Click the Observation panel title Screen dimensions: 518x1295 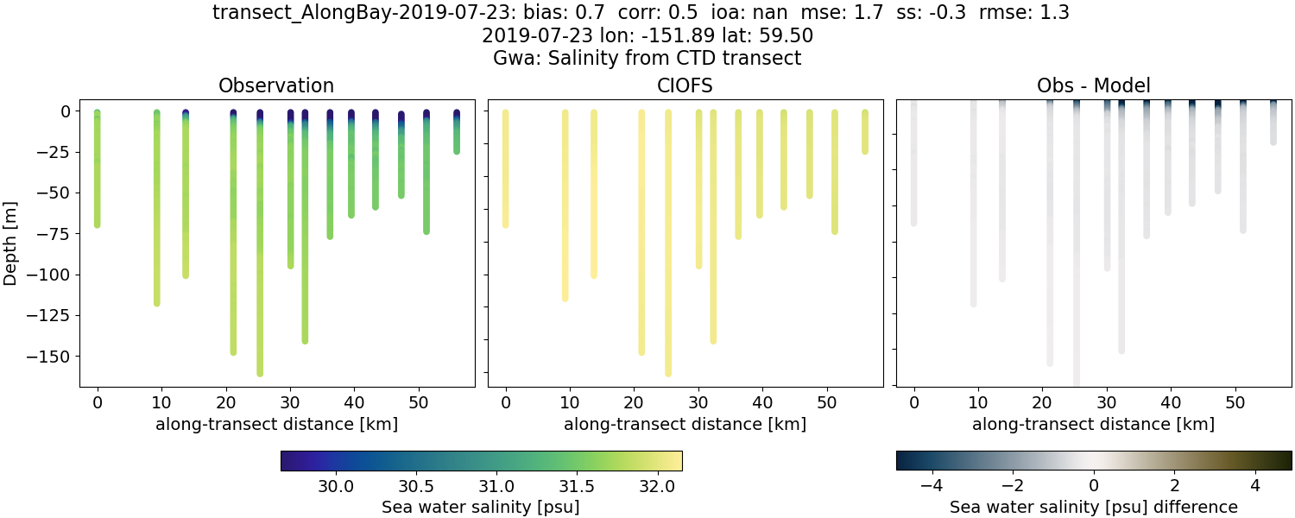point(276,85)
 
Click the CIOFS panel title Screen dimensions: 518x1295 point(685,85)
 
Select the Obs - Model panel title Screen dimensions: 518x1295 point(1093,85)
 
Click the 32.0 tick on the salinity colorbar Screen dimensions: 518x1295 point(658,485)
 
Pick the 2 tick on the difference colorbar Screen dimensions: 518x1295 point(1175,485)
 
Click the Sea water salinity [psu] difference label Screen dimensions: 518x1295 point(1093,507)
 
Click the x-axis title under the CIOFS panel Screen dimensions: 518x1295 point(685,424)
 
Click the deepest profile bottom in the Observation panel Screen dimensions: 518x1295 point(260,373)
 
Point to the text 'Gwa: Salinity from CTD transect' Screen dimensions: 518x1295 point(647,59)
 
